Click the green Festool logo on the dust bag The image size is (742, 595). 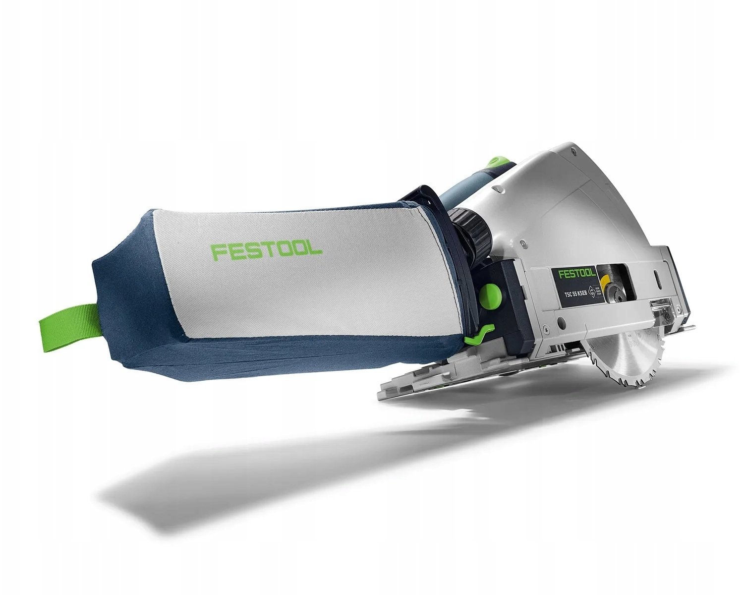(266, 251)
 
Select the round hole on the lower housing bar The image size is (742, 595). (560, 323)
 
